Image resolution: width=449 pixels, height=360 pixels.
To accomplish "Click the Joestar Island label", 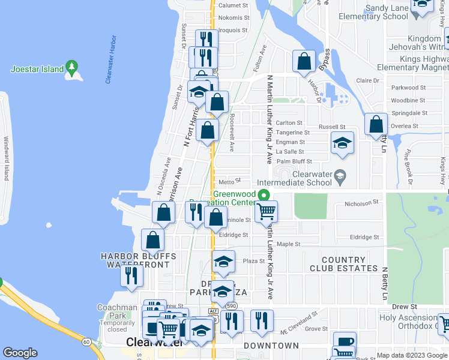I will (37, 69).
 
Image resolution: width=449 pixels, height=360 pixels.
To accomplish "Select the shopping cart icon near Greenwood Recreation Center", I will (266, 211).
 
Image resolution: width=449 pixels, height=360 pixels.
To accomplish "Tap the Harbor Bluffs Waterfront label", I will (139, 260).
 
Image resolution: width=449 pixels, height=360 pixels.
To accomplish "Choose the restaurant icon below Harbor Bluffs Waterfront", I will (132, 275).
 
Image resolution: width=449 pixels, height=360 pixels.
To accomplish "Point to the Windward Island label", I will (7, 158).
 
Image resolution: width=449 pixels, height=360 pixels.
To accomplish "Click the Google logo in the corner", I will (20, 353).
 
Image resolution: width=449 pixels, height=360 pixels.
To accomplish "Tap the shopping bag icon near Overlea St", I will (376, 124).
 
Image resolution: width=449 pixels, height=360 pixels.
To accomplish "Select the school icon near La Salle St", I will (342, 143).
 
